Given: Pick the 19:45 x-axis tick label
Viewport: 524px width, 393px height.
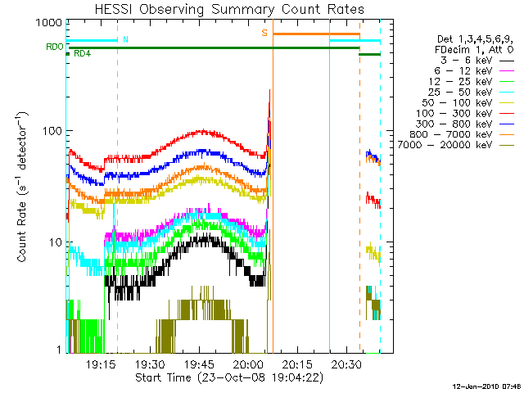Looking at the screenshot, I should [x=199, y=364].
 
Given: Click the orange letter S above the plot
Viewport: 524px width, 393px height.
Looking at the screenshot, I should [x=264, y=33].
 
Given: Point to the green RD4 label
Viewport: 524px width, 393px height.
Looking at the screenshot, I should [x=83, y=54].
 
